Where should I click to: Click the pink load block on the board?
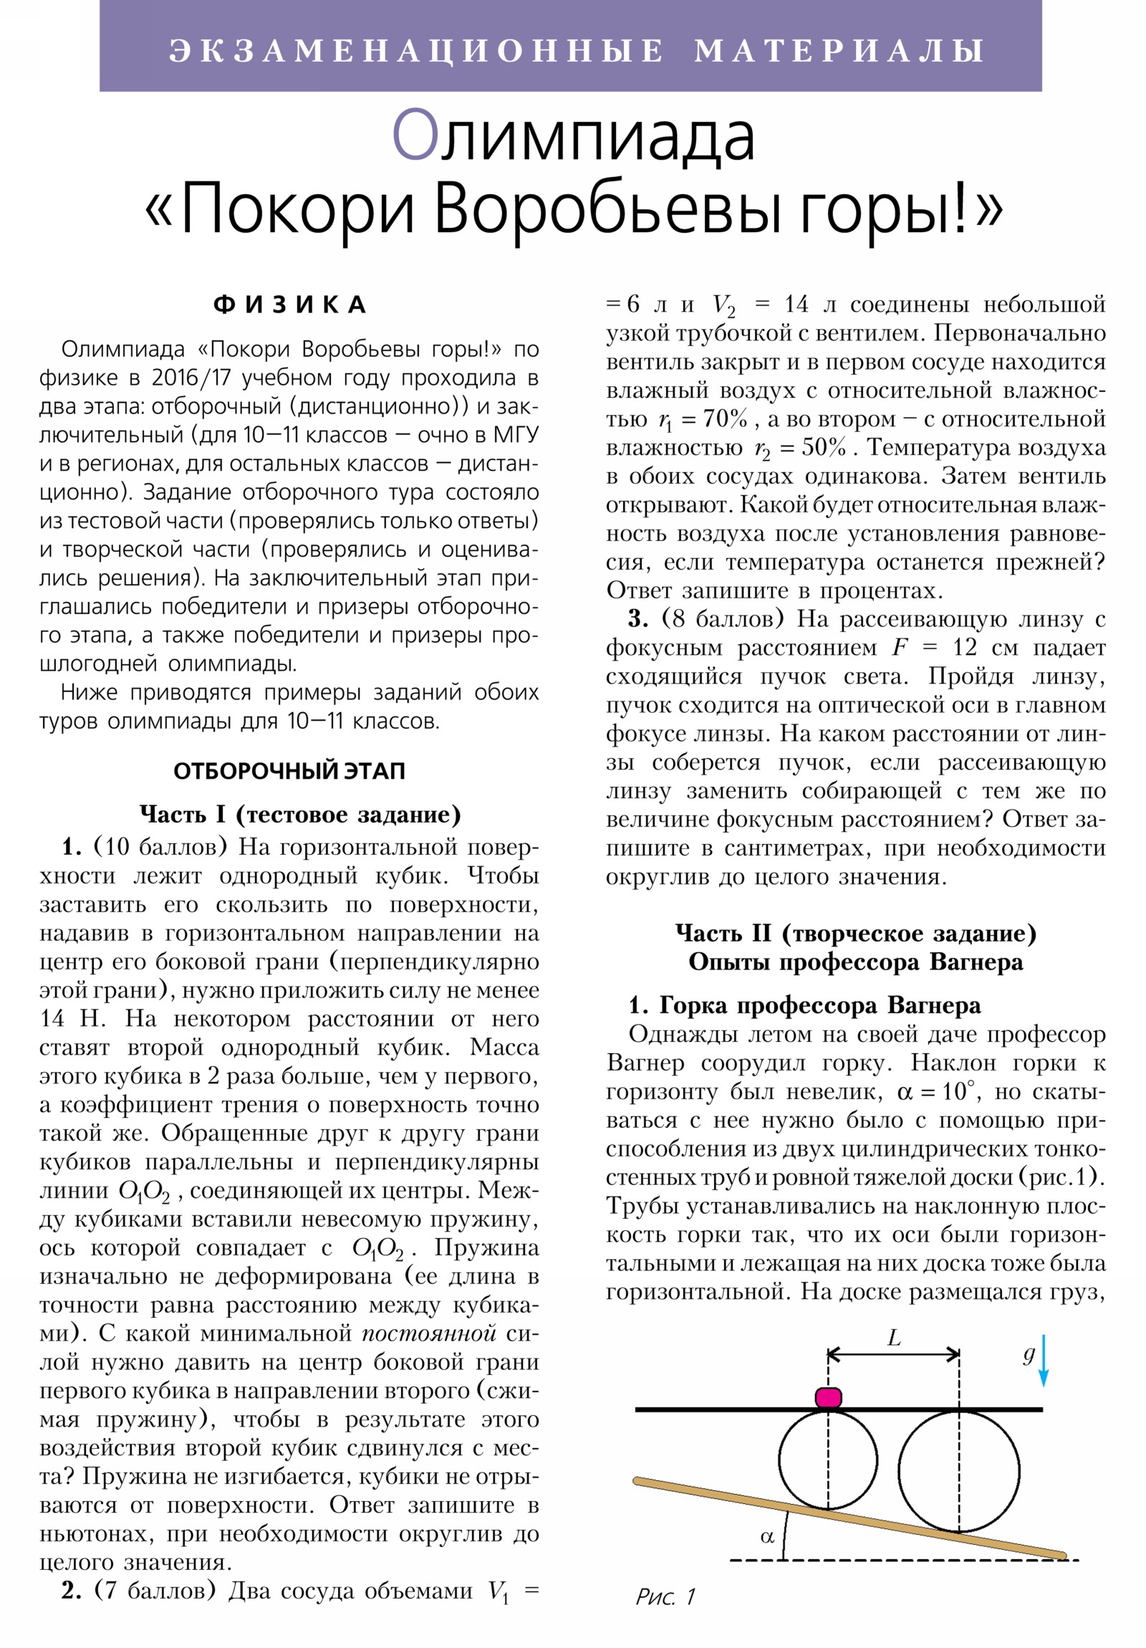(827, 1397)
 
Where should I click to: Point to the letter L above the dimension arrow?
(893, 1337)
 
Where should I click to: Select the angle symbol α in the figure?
(767, 1537)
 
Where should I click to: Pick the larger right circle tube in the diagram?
(959, 1472)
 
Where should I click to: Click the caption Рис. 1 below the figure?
(665, 1596)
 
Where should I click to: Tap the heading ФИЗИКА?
(290, 305)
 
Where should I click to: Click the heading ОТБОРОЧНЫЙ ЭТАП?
(289, 771)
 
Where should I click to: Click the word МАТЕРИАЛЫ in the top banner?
(839, 50)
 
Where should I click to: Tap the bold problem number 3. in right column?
(638, 619)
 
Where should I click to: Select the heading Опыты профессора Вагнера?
(855, 962)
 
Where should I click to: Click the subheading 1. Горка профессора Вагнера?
(804, 1005)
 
